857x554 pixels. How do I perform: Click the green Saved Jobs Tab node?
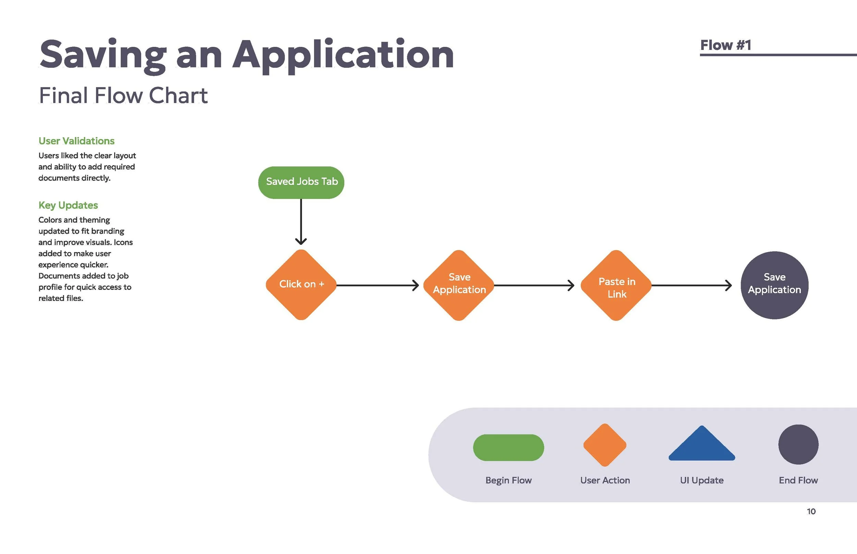301,182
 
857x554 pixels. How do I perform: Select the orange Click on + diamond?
301,285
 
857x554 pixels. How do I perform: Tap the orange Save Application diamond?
459,285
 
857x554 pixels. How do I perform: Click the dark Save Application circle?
774,285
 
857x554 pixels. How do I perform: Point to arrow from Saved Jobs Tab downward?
301,221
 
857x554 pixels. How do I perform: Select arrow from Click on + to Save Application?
377,285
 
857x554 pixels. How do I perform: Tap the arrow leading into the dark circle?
691,285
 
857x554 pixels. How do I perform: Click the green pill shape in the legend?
508,448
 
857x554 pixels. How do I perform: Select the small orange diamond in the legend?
605,445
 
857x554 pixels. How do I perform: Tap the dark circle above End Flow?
798,444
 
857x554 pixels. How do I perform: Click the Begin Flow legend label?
508,480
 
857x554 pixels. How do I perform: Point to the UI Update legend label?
701,480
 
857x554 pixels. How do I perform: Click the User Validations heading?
76,141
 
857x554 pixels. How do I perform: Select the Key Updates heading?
68,205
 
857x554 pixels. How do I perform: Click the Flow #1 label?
725,45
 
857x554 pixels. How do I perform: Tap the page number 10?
811,511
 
